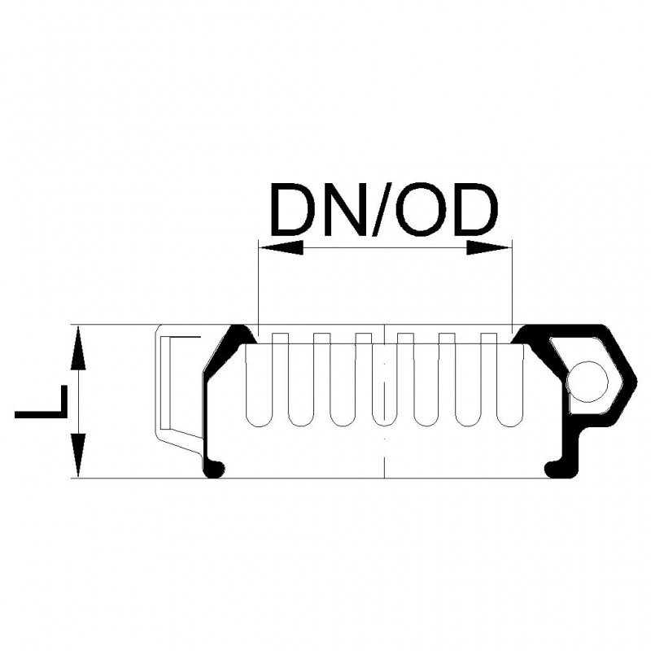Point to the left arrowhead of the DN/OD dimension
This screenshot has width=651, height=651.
[x=281, y=248]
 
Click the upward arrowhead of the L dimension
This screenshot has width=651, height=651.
[x=78, y=348]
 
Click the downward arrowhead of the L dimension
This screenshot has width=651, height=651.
[x=78, y=455]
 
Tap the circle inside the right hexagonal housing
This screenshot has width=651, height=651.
[x=587, y=382]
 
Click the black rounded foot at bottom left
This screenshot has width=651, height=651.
[x=215, y=470]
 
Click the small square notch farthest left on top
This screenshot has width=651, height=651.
[x=280, y=339]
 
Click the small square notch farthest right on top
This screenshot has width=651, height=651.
[x=489, y=339]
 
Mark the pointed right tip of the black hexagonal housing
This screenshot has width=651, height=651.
[x=636, y=379]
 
